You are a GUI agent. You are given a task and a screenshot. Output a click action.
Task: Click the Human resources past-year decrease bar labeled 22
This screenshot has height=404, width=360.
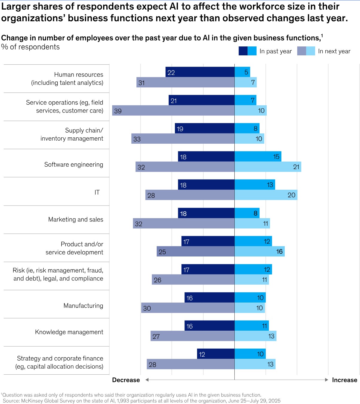pos(200,72)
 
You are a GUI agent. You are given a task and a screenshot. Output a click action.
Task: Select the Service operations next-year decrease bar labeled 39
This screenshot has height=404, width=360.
pos(173,110)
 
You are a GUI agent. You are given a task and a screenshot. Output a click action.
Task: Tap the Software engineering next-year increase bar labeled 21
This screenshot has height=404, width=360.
pos(268,167)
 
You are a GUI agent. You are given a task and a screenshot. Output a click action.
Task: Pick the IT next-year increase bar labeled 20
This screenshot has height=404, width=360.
pos(266,195)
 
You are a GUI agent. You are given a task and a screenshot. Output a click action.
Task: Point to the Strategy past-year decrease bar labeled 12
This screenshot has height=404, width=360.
pos(216,354)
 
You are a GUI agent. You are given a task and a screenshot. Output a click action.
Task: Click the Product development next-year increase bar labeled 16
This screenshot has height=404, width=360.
pos(260,251)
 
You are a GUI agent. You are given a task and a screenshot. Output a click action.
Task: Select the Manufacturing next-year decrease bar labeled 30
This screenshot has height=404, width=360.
pos(188,308)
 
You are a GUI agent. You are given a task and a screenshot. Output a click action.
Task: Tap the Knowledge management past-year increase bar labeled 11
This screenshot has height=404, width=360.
pos(251,326)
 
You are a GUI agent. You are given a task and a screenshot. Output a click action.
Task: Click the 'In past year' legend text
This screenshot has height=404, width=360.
pos(275,51)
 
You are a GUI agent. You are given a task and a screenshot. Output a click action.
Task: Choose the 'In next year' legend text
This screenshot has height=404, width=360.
pos(334,51)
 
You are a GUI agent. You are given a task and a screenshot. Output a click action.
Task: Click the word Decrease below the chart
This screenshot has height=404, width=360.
pos(126,380)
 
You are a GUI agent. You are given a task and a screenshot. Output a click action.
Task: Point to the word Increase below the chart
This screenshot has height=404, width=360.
pos(344,380)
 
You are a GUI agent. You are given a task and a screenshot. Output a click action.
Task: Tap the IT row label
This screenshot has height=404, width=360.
pos(97,192)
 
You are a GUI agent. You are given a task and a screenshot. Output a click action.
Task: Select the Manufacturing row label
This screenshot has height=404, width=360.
pos(83,306)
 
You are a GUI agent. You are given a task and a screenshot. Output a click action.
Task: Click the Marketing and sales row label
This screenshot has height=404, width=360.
pos(76,219)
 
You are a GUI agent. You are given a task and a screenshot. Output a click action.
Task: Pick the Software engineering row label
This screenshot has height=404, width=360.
pos(74,164)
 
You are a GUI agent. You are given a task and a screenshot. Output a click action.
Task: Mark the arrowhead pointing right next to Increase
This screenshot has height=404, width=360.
pos(327,380)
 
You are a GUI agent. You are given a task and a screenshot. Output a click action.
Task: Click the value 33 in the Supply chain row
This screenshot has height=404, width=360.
pos(137,139)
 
